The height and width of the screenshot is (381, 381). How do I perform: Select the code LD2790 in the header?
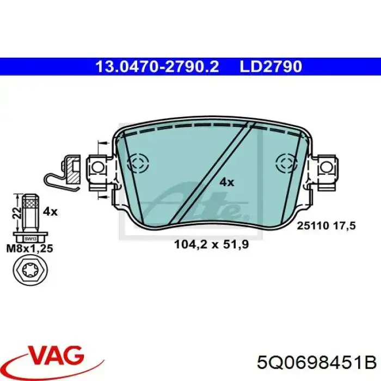pyautogui.click(x=270, y=66)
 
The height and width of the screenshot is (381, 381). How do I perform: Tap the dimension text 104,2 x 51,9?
pyautogui.click(x=211, y=245)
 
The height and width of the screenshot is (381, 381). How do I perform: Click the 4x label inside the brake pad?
pyautogui.click(x=226, y=183)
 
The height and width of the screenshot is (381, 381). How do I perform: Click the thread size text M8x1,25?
pyautogui.click(x=28, y=249)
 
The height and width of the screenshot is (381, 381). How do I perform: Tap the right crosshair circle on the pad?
pyautogui.click(x=287, y=162)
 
